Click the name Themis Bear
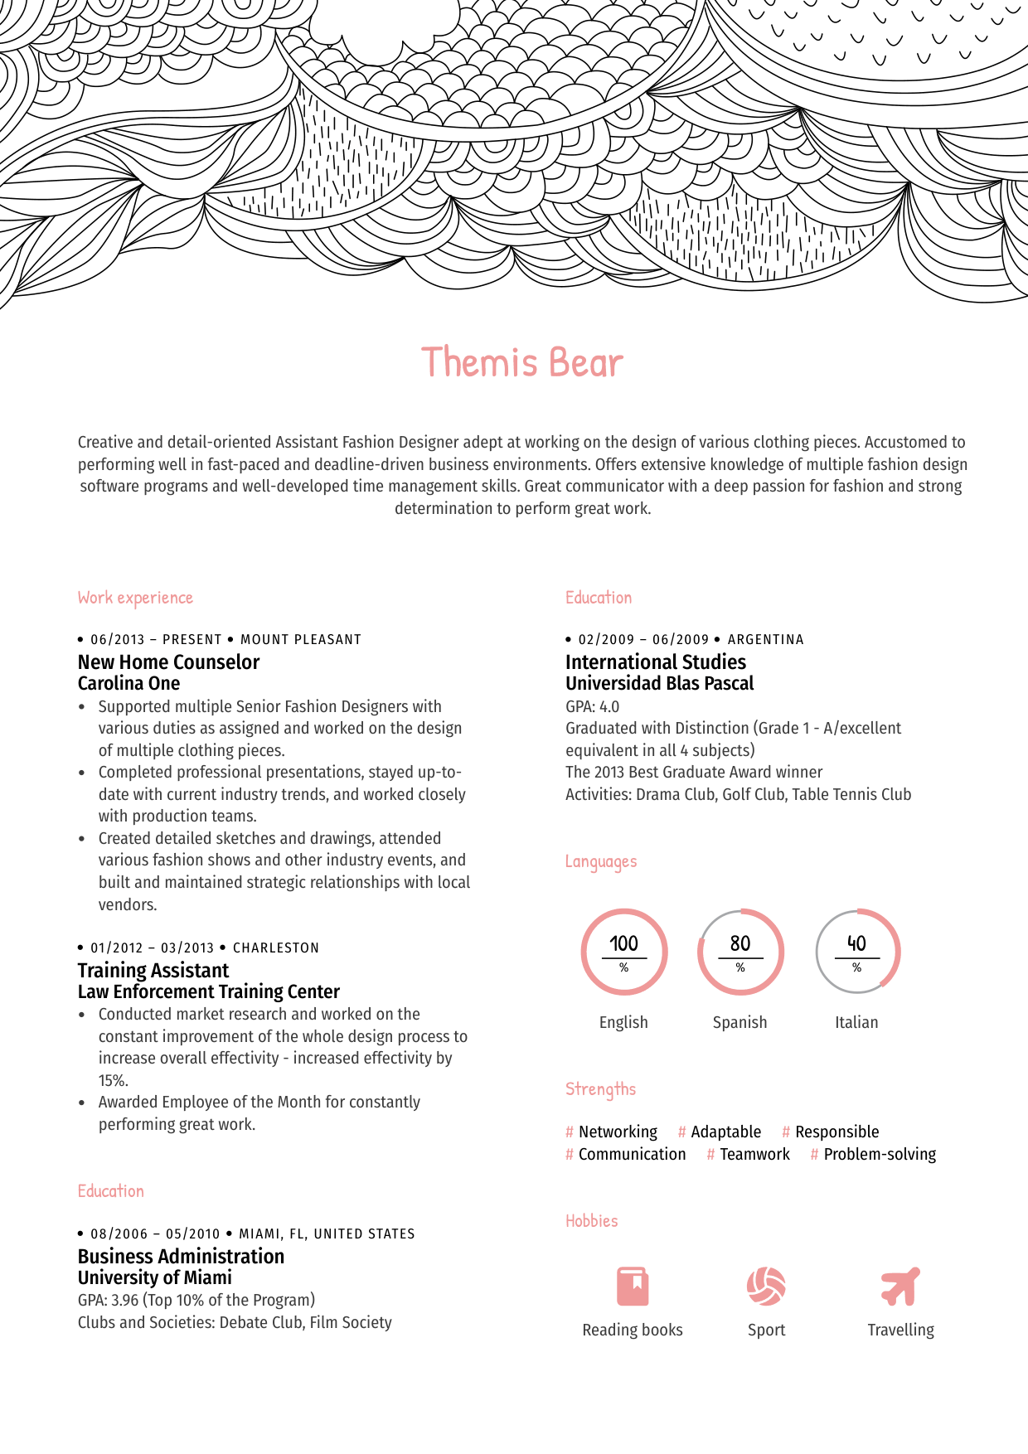point(521,363)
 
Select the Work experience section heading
point(135,598)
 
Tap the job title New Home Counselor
point(168,662)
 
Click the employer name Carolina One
point(128,684)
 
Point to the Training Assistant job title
point(153,971)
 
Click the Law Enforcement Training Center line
point(209,992)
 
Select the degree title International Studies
point(656,662)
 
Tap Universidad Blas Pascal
point(660,684)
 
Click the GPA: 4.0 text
point(592,707)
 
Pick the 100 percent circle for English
point(623,952)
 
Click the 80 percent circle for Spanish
point(740,952)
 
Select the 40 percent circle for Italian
point(857,952)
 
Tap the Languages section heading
point(601,862)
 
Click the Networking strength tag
point(618,1132)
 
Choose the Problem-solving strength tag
point(880,1155)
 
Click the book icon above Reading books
point(633,1287)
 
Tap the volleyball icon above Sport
point(766,1287)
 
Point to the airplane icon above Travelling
point(900,1287)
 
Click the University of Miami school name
point(155,1278)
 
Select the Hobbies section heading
point(592,1221)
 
